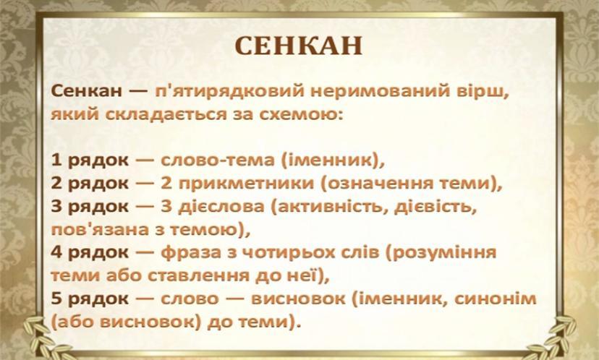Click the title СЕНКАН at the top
(298, 46)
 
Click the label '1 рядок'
(90, 160)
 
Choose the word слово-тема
(217, 160)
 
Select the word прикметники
(246, 184)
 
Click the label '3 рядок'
(90, 207)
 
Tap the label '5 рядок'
(90, 299)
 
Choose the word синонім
(496, 299)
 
